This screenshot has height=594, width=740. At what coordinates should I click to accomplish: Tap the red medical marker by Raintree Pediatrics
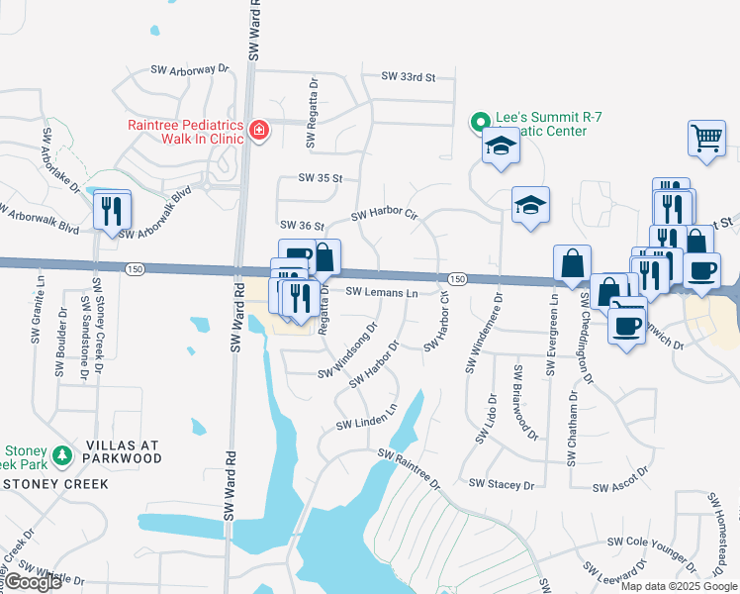259,130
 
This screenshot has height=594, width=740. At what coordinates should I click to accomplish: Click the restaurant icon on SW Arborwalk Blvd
111,210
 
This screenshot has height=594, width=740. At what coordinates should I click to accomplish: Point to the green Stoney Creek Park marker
63,454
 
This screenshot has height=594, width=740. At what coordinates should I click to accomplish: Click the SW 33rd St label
409,76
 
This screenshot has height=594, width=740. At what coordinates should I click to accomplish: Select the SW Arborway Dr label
190,70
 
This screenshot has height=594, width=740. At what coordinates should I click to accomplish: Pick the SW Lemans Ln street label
382,293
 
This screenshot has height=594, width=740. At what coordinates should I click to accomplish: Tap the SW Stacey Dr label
502,484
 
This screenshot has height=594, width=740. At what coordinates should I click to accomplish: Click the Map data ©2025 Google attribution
680,586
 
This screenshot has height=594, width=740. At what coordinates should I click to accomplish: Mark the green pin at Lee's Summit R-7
480,124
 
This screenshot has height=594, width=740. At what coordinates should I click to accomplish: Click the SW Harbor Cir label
385,214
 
